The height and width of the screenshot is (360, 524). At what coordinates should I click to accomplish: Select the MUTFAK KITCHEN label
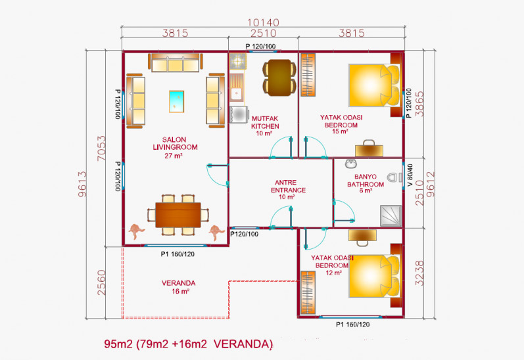[265, 125]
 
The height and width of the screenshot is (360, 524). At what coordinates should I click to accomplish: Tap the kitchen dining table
[279, 69]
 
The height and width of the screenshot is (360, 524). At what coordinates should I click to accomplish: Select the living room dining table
[178, 214]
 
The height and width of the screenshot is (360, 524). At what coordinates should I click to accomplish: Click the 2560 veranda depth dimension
[101, 282]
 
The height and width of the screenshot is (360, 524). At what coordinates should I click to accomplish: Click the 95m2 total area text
[188, 344]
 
